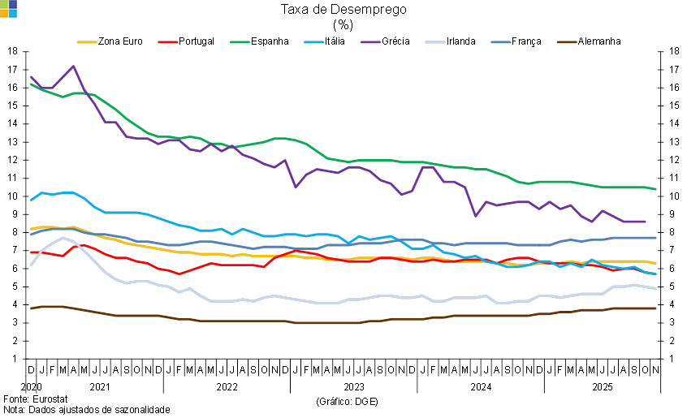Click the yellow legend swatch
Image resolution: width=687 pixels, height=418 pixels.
point(87,42)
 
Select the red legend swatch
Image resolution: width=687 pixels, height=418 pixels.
point(168,42)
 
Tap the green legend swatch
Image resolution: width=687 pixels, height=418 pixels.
point(240,42)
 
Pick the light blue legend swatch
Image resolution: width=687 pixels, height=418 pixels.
point(313,42)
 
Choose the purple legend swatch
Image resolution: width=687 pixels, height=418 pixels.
point(371,42)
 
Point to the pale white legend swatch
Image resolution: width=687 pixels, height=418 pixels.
point(435,42)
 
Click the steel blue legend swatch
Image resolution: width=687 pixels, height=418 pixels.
point(501,42)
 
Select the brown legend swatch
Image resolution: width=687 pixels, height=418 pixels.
point(567,42)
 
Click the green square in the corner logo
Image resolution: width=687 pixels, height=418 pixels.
point(4,4)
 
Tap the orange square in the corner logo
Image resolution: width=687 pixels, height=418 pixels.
point(4,13)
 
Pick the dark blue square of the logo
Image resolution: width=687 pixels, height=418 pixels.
point(13,4)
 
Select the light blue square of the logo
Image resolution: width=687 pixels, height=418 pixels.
point(13,13)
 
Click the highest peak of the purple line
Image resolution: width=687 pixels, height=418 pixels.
point(74,67)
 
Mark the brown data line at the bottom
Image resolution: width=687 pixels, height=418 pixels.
point(325,323)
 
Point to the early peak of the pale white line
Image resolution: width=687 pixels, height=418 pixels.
point(63,238)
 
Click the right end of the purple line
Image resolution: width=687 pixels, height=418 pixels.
point(646,221)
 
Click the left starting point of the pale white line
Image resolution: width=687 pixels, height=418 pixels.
point(31,265)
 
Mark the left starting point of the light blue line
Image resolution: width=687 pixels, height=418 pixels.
point(31,200)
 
